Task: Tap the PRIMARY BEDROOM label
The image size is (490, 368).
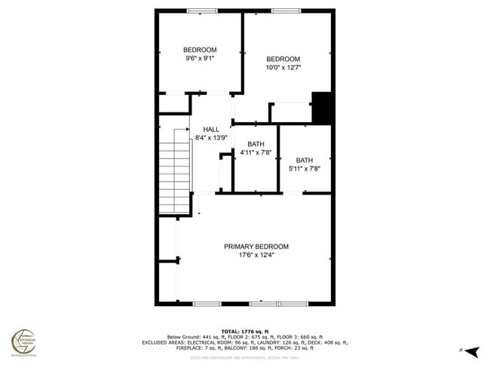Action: point(256,247)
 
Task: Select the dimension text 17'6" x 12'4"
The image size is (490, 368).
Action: point(256,255)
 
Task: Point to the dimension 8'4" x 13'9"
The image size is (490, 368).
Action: point(210,138)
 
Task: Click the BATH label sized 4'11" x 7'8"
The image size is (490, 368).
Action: point(256,144)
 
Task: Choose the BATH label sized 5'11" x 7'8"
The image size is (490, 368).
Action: point(304,160)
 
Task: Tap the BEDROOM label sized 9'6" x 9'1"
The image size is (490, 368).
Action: point(200,50)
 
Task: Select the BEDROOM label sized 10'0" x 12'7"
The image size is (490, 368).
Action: point(283,60)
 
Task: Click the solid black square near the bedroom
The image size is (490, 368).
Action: point(322,107)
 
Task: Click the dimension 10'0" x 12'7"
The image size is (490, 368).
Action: point(283,68)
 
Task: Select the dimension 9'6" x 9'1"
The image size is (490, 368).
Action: point(200,58)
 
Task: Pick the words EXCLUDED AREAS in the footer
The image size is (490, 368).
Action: point(161,342)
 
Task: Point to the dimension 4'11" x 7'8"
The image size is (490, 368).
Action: point(256,152)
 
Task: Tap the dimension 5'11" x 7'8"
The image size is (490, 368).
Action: point(304,168)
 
